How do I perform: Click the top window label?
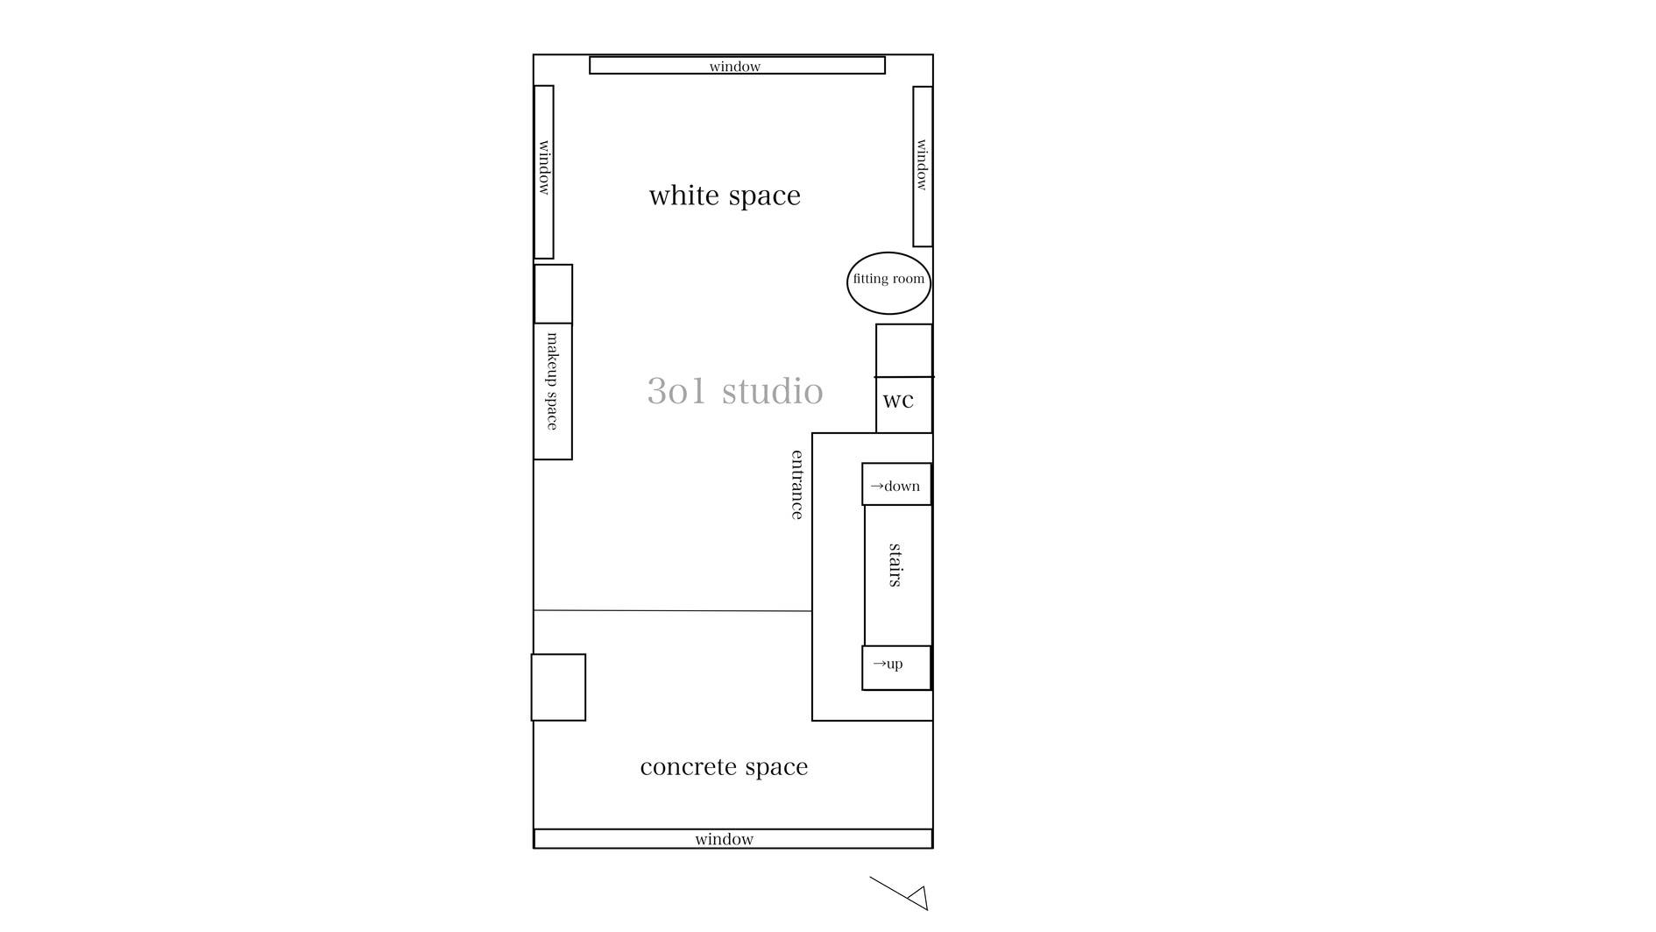click(x=735, y=67)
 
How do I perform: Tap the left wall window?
click(x=544, y=172)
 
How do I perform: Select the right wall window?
click(x=923, y=166)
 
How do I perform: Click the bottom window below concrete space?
click(x=732, y=838)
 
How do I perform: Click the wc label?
click(x=898, y=401)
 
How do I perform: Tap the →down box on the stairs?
click(x=896, y=484)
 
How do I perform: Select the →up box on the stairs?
click(x=896, y=668)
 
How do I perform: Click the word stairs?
click(x=895, y=565)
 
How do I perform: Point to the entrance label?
click(x=797, y=485)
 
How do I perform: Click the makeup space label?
click(x=553, y=381)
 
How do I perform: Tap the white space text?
click(x=725, y=195)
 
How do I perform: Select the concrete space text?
click(x=724, y=767)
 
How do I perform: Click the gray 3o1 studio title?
click(x=735, y=391)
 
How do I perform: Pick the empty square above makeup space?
click(x=554, y=294)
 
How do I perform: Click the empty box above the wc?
click(x=904, y=351)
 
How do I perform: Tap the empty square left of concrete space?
click(x=558, y=687)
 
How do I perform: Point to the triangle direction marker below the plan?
click(x=918, y=898)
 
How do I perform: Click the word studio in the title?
click(x=773, y=391)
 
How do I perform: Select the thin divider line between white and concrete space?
click(x=673, y=610)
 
